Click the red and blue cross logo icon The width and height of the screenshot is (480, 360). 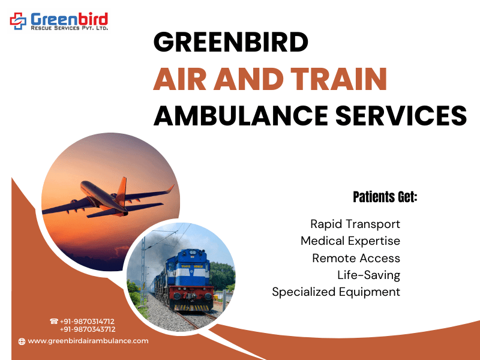(x=18, y=21)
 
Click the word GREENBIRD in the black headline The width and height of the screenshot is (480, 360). (x=231, y=41)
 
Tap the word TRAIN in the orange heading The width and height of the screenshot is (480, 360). (x=339, y=79)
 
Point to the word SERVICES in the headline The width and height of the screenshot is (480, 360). (x=401, y=115)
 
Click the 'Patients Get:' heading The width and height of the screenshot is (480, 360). (x=385, y=197)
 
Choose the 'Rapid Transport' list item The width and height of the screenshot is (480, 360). (x=355, y=224)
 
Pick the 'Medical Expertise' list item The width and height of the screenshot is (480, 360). (x=350, y=241)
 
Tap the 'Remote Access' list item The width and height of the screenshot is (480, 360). (x=356, y=258)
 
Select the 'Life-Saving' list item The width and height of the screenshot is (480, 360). (x=368, y=275)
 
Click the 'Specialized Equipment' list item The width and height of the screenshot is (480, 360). (x=336, y=292)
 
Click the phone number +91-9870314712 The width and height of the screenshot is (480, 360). (x=87, y=322)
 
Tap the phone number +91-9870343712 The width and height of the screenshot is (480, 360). (x=88, y=329)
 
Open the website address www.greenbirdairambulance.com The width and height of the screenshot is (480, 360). (x=88, y=341)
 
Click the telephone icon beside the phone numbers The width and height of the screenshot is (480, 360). (x=54, y=321)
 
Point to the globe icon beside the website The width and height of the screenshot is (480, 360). (x=22, y=341)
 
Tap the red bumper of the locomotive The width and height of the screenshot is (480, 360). (x=191, y=295)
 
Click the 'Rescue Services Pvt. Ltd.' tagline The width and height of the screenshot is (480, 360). (x=69, y=28)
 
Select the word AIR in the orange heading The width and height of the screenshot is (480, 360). (x=179, y=79)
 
